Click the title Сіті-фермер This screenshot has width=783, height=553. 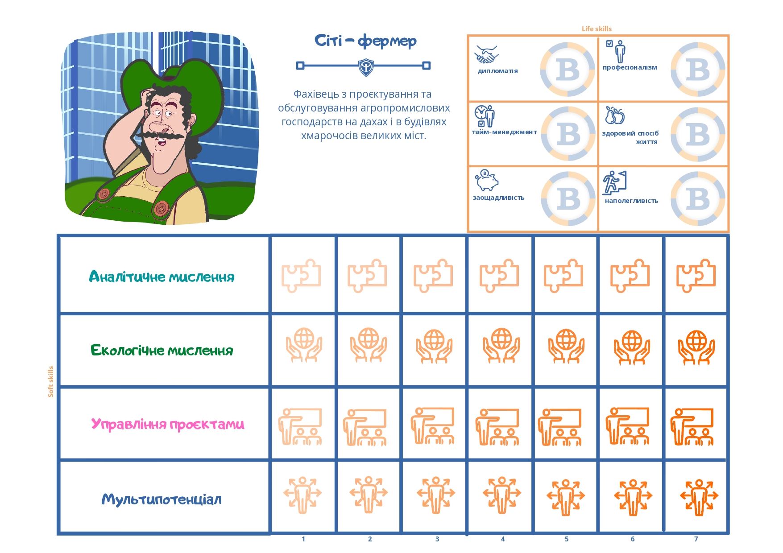tap(365, 41)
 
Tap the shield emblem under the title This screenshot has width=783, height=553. tap(366, 67)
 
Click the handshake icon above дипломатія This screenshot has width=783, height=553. tap(486, 54)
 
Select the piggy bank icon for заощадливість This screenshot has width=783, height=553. tap(486, 181)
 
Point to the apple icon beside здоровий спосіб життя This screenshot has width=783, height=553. tap(614, 116)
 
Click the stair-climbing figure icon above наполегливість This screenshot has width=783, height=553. tap(614, 182)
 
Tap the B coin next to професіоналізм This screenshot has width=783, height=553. tap(698, 70)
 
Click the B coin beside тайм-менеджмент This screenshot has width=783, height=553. tap(568, 134)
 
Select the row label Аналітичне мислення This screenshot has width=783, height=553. tap(162, 276)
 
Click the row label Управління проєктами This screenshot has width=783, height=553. tap(167, 424)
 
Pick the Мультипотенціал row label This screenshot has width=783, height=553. tap(162, 499)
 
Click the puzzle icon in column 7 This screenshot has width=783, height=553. tap(696, 275)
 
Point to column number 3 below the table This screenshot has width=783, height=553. tap(437, 539)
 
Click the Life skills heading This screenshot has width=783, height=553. tap(597, 29)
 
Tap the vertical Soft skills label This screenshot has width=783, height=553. tap(50, 381)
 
